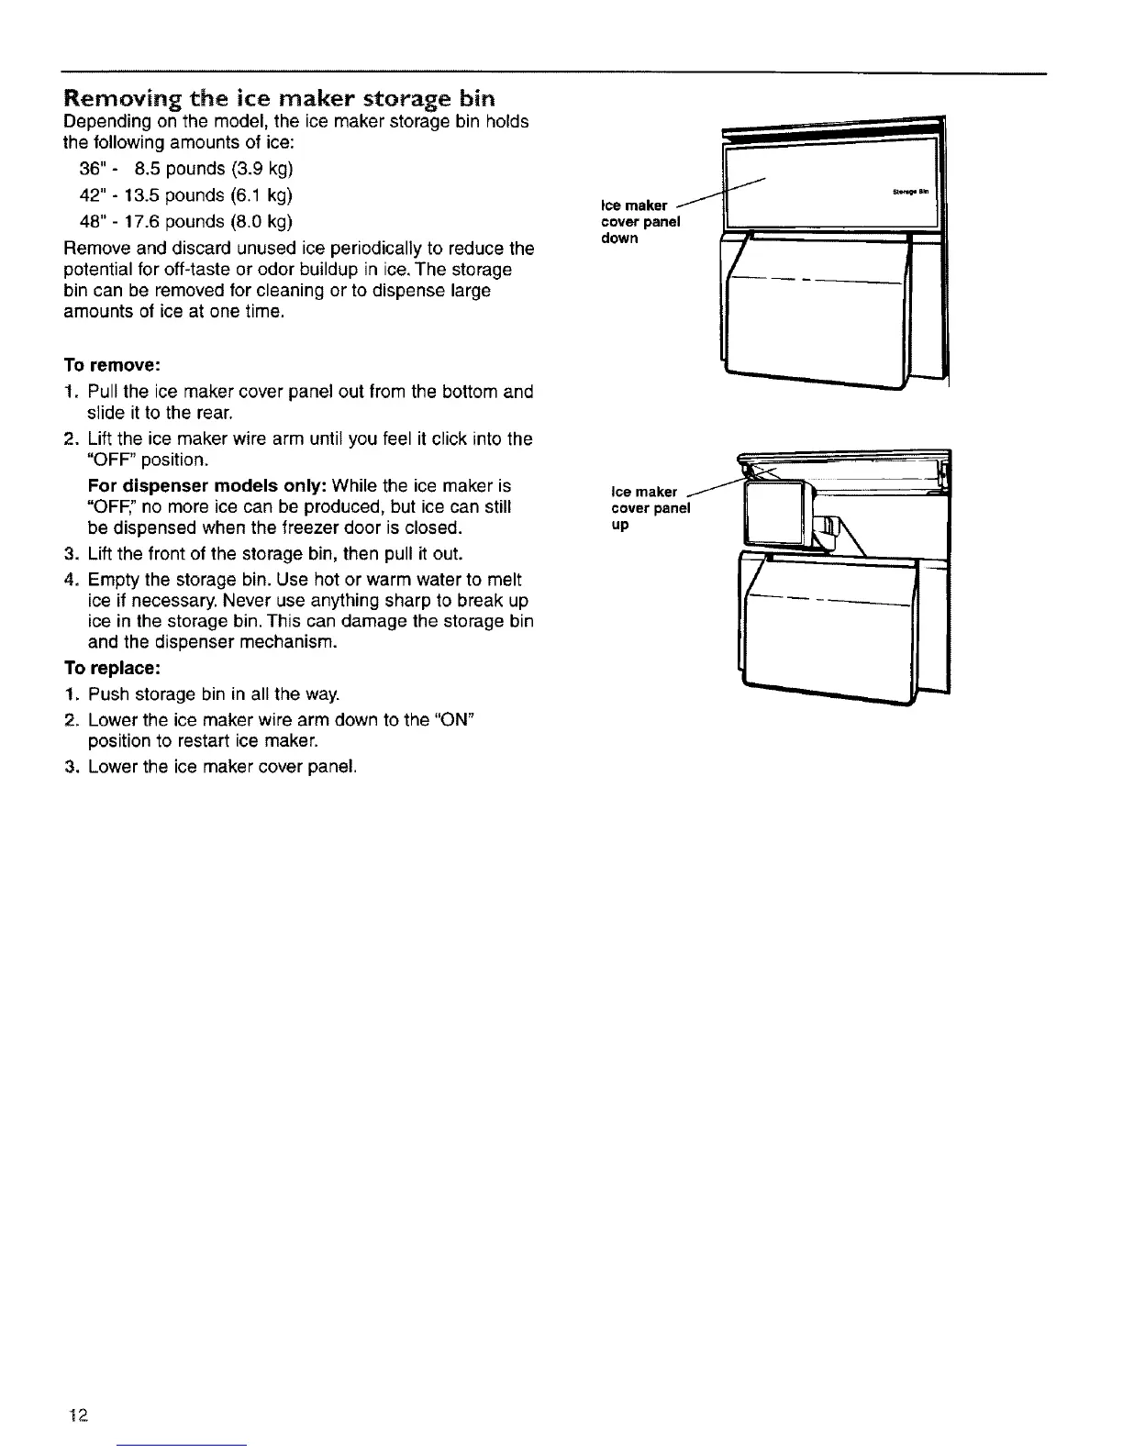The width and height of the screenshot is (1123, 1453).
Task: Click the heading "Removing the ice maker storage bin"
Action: tap(278, 98)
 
